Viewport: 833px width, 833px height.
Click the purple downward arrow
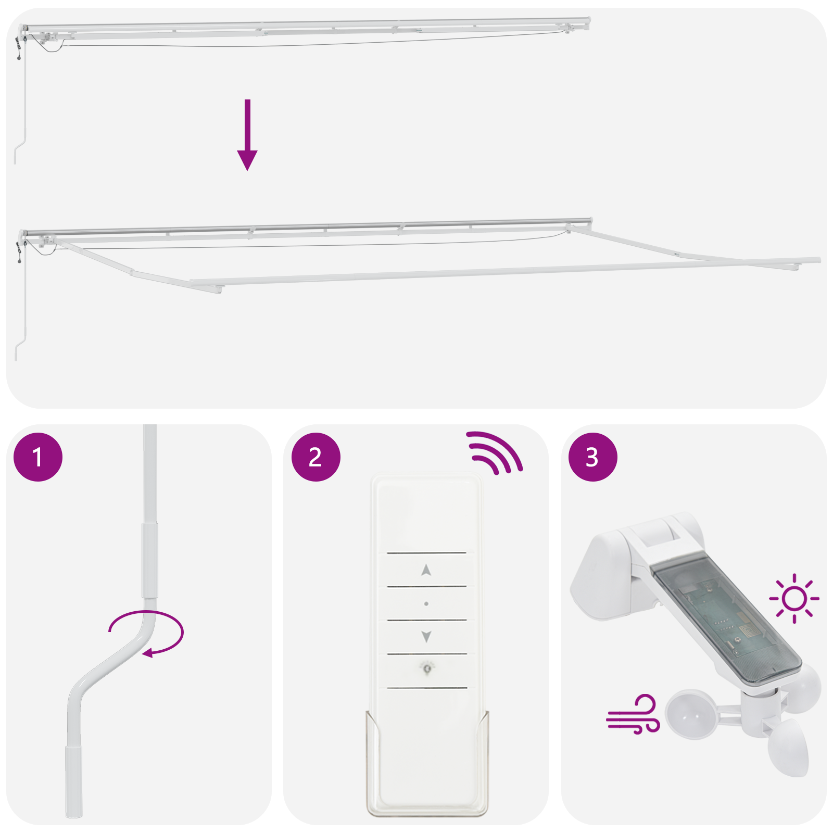pyautogui.click(x=247, y=135)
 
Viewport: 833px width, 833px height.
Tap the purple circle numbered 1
pyautogui.click(x=38, y=457)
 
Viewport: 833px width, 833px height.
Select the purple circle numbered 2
pyautogui.click(x=315, y=457)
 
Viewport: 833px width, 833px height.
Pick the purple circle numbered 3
pyautogui.click(x=592, y=457)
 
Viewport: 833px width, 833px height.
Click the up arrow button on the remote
pyautogui.click(x=426, y=570)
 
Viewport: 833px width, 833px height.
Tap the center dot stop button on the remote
pyautogui.click(x=426, y=604)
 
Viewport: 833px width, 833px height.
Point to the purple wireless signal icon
pyautogui.click(x=495, y=452)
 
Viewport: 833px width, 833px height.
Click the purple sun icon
pyautogui.click(x=794, y=598)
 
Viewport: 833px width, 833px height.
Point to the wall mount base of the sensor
pyautogui.click(x=599, y=578)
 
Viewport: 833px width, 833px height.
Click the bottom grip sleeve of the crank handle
pyautogui.click(x=73, y=781)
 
